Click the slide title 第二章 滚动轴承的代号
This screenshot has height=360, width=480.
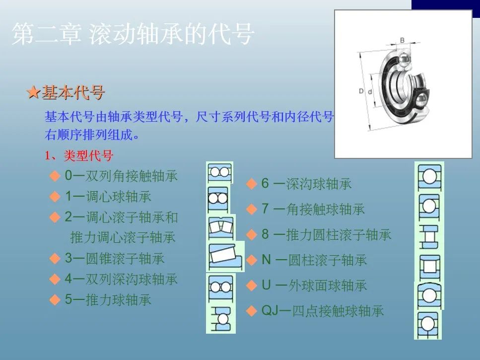[133, 34]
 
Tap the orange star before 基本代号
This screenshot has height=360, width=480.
[34, 92]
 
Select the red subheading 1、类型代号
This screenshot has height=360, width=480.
[79, 155]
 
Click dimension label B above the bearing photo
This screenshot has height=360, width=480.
[402, 40]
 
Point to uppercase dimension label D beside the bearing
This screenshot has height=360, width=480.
[361, 91]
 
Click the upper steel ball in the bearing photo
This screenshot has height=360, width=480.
[404, 60]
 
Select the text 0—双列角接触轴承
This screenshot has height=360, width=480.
[121, 176]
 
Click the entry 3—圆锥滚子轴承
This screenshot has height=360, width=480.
[115, 258]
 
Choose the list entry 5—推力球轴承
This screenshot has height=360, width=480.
[108, 299]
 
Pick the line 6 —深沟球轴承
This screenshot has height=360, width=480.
[306, 184]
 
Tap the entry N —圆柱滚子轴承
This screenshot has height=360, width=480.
[314, 260]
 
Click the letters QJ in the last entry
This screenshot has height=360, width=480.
[270, 311]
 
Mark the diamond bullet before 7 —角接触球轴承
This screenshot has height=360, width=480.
[251, 210]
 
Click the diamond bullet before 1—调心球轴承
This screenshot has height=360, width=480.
[55, 197]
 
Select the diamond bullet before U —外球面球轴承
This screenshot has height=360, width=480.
[251, 286]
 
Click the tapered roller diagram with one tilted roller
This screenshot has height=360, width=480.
[225, 256]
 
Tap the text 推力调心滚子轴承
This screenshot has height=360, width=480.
[123, 237]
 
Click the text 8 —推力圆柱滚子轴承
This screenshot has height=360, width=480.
[326, 235]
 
